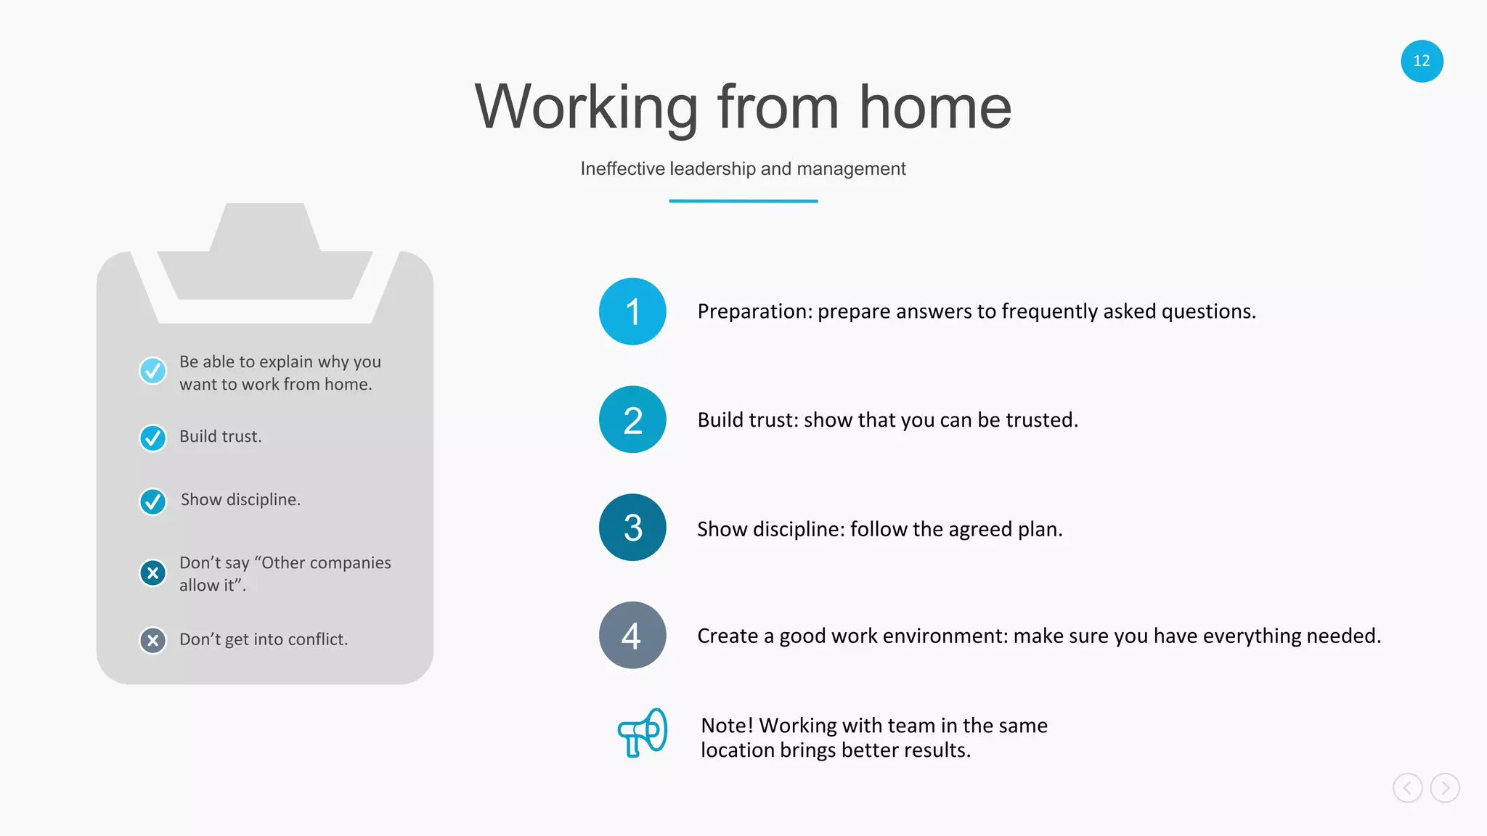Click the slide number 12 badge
[1421, 61]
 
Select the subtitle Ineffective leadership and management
[743, 168]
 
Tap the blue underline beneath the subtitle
[743, 201]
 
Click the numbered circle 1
[632, 311]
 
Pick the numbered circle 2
[632, 419]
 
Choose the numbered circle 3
[632, 528]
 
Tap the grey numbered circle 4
[632, 635]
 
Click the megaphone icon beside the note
[643, 733]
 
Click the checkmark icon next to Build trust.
[152, 438]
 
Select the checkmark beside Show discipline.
[152, 501]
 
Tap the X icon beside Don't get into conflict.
[152, 640]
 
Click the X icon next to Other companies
[152, 573]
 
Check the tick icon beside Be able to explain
[152, 371]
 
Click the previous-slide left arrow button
[1407, 787]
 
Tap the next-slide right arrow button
[1445, 787]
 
